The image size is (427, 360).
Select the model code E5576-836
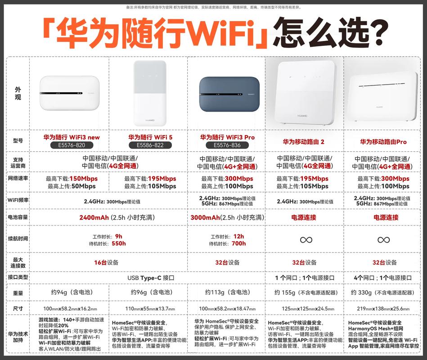227,145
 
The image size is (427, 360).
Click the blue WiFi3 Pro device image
227,94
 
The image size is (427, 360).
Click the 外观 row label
18,93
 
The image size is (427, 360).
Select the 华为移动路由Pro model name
383,142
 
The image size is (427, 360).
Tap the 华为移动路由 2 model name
304,142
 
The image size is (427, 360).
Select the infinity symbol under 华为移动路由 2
304,239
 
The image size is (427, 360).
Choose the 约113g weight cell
226,292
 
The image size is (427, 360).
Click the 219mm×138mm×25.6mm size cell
383,309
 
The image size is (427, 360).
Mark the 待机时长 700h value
238,243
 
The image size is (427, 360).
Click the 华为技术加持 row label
18,337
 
